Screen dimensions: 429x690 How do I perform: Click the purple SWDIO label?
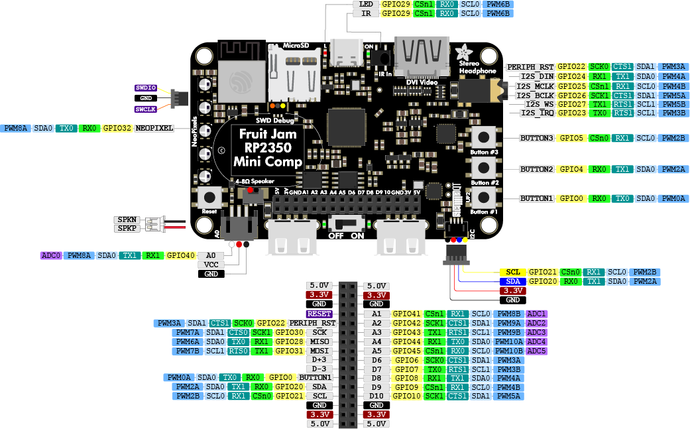tap(146, 88)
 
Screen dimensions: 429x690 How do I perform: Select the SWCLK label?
tap(146, 109)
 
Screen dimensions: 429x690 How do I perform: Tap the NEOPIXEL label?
tap(154, 128)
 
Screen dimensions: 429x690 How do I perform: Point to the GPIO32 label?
tap(117, 128)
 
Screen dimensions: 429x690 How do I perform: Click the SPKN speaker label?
tap(126, 219)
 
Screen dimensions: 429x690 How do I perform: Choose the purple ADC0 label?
tap(51, 255)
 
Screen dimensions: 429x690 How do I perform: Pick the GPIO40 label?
tap(181, 255)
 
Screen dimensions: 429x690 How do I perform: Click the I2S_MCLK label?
tap(535, 86)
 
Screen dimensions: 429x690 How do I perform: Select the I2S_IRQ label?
tap(538, 113)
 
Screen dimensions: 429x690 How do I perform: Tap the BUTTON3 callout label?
tap(536, 139)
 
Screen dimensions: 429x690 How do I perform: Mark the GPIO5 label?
tap(571, 139)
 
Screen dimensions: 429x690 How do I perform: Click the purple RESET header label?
tap(319, 314)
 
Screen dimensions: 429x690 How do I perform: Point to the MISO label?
tap(320, 341)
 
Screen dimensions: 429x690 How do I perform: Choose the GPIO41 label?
tap(406, 314)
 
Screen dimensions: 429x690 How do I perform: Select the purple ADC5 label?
tap(536, 351)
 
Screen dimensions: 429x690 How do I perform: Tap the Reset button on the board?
tap(210, 198)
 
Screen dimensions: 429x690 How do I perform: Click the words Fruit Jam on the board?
tap(268, 133)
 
